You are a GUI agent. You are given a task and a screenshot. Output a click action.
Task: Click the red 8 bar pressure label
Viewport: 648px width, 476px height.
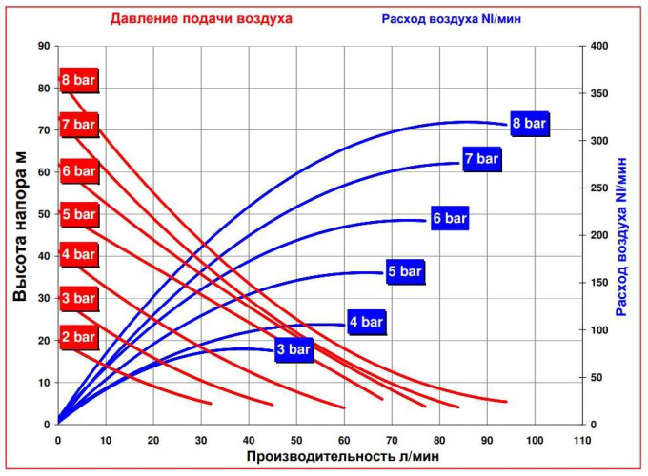click(78, 80)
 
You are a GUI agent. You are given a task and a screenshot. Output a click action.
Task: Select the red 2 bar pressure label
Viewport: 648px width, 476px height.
click(78, 336)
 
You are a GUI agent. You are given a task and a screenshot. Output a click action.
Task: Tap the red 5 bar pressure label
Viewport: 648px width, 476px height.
click(78, 214)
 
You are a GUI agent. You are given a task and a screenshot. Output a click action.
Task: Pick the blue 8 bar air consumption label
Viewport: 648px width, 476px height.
click(529, 123)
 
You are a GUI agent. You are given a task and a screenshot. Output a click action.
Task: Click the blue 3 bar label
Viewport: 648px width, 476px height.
click(294, 349)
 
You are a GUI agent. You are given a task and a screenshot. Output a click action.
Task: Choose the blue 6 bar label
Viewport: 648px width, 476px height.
click(449, 219)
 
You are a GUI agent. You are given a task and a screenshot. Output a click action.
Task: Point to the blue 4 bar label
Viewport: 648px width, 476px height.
click(365, 322)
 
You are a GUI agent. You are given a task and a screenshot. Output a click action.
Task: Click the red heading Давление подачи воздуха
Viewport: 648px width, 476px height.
click(201, 18)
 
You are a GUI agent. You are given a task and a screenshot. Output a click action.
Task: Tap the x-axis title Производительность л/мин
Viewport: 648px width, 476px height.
click(343, 457)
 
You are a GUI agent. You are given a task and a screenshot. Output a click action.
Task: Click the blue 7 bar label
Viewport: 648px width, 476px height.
click(481, 159)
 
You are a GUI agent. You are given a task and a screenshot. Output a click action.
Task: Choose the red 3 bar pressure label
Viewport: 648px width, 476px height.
click(78, 298)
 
